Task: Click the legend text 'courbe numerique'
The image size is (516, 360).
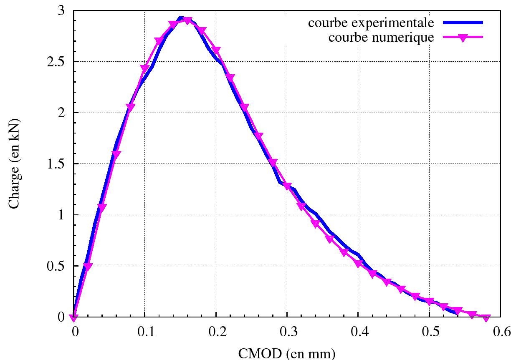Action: pos(381,38)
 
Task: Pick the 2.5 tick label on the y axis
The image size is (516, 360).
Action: pos(56,62)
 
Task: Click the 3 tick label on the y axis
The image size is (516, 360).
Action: pos(61,11)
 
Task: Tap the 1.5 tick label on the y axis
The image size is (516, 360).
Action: pos(56,164)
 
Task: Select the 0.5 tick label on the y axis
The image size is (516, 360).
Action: pos(56,266)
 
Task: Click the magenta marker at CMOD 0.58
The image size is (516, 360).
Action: pos(486,318)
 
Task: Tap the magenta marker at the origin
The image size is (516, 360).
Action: pos(74,318)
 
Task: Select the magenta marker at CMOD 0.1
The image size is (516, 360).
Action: pos(145,68)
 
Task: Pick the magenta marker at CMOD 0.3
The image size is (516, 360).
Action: pos(287,186)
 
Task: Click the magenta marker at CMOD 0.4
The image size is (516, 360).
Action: pos(358,263)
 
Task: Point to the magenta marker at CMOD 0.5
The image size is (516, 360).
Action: pos(429,301)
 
